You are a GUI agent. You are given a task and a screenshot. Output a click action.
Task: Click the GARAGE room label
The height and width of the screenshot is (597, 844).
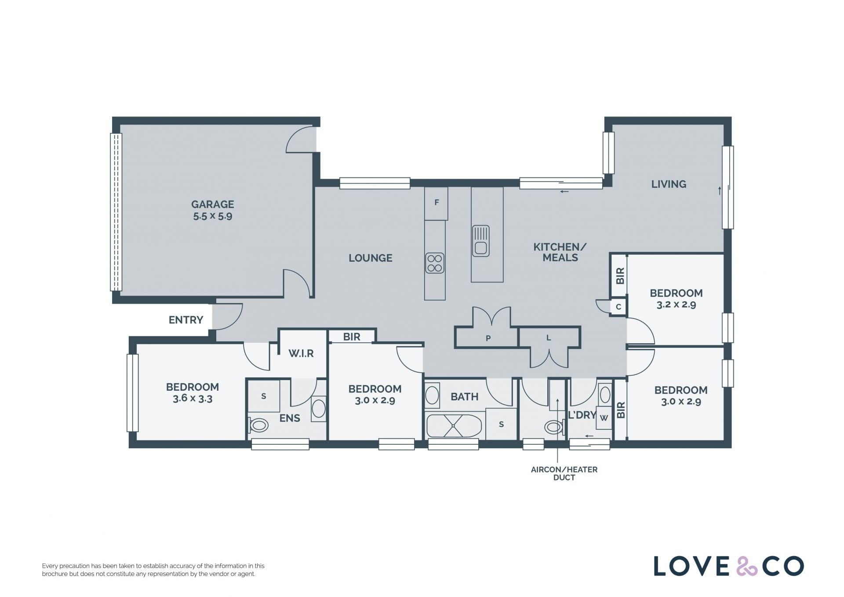[212, 204]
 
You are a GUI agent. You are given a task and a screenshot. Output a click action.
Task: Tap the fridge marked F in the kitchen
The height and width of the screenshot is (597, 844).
[436, 203]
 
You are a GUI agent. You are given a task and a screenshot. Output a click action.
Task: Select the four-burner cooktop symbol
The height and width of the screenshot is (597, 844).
[434, 263]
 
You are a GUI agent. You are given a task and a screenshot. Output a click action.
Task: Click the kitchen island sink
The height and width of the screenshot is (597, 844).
[480, 241]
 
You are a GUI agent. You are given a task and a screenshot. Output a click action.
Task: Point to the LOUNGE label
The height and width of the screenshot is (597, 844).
[370, 258]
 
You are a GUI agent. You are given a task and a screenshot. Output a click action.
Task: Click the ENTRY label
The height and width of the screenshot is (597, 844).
[186, 320]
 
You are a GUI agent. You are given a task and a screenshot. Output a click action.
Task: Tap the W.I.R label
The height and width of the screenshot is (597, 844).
[301, 353]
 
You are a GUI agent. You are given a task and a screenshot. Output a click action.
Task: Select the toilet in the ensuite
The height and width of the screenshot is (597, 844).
[258, 425]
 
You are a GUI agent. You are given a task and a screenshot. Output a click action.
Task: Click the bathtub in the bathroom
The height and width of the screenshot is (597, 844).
[454, 426]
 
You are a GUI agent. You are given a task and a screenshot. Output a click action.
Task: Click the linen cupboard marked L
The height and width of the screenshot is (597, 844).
[549, 337]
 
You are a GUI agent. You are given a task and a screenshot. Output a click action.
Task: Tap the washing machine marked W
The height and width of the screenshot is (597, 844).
[604, 418]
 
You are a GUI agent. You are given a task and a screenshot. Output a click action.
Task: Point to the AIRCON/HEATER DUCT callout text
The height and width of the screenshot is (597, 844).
[564, 473]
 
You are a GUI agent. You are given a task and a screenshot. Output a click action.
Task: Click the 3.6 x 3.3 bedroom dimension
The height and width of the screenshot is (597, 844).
[193, 399]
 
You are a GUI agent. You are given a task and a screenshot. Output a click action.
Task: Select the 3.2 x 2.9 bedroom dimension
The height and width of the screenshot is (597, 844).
[676, 305]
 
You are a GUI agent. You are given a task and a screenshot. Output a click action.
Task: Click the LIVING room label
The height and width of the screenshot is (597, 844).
[669, 184]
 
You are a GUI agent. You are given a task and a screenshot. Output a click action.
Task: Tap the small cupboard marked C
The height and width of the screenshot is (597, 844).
[618, 307]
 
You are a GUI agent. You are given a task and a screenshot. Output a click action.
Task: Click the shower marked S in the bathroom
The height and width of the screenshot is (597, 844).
[501, 424]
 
